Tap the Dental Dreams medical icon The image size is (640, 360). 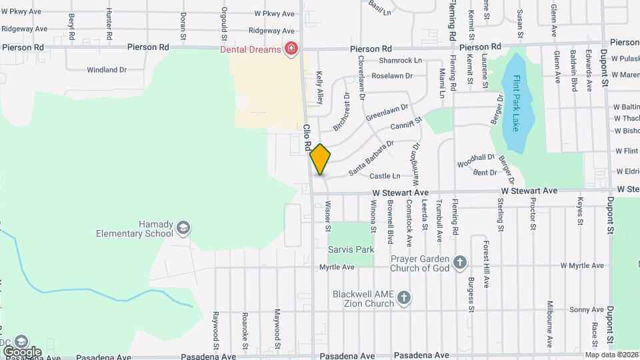(290, 49)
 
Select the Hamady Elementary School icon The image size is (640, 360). (183, 229)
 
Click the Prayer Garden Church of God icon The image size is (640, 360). (459, 263)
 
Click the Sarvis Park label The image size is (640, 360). (351, 249)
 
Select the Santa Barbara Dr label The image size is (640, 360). (371, 157)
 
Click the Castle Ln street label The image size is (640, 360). (385, 176)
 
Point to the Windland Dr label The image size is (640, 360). (107, 69)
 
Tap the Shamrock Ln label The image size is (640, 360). (401, 60)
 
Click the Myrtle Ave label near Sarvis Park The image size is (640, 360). (337, 267)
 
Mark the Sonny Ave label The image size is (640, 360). (587, 310)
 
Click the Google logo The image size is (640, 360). (21, 351)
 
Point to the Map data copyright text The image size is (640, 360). (611, 355)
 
